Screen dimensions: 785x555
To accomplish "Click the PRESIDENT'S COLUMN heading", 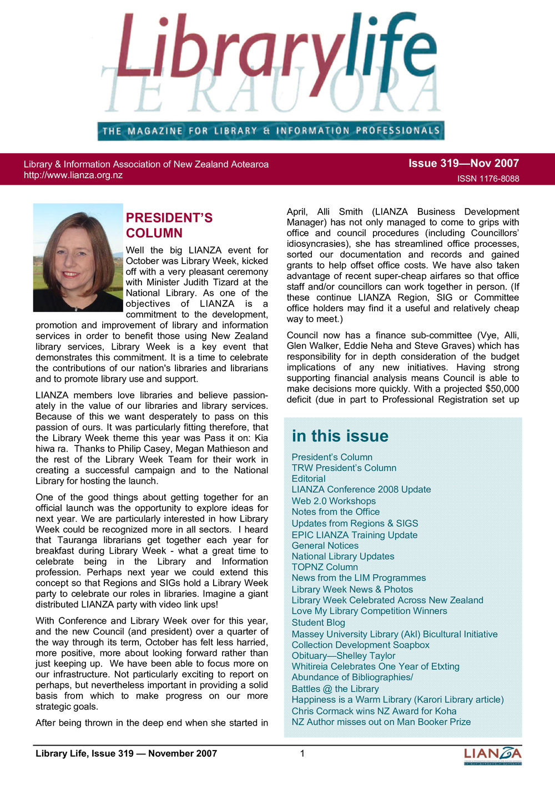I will tap(169, 225).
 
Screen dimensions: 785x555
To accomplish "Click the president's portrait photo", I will tap(78, 257).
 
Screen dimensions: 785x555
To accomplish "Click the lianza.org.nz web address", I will tap(73, 175).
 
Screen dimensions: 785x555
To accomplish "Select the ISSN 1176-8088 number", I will tap(488, 179).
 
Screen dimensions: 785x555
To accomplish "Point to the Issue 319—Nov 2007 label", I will tap(463, 163).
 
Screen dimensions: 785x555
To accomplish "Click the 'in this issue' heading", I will tap(340, 436).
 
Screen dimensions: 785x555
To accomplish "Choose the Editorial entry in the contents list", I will tap(309, 478).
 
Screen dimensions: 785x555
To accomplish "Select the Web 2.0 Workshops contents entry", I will tap(334, 500).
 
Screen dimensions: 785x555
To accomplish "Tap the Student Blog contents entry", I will tap(318, 622).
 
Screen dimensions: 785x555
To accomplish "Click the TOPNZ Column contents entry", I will tap(325, 567).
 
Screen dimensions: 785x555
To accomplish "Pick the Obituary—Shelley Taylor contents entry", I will tap(344, 655).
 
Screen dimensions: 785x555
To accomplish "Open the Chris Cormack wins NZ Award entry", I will tap(374, 711).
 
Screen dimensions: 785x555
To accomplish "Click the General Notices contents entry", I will tap(325, 545).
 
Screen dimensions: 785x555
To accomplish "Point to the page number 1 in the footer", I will tap(302, 753).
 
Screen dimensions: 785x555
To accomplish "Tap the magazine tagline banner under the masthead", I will tap(271, 131).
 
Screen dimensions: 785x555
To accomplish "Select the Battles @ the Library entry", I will tap(335, 688).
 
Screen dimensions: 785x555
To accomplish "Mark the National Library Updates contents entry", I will tap(343, 556).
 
